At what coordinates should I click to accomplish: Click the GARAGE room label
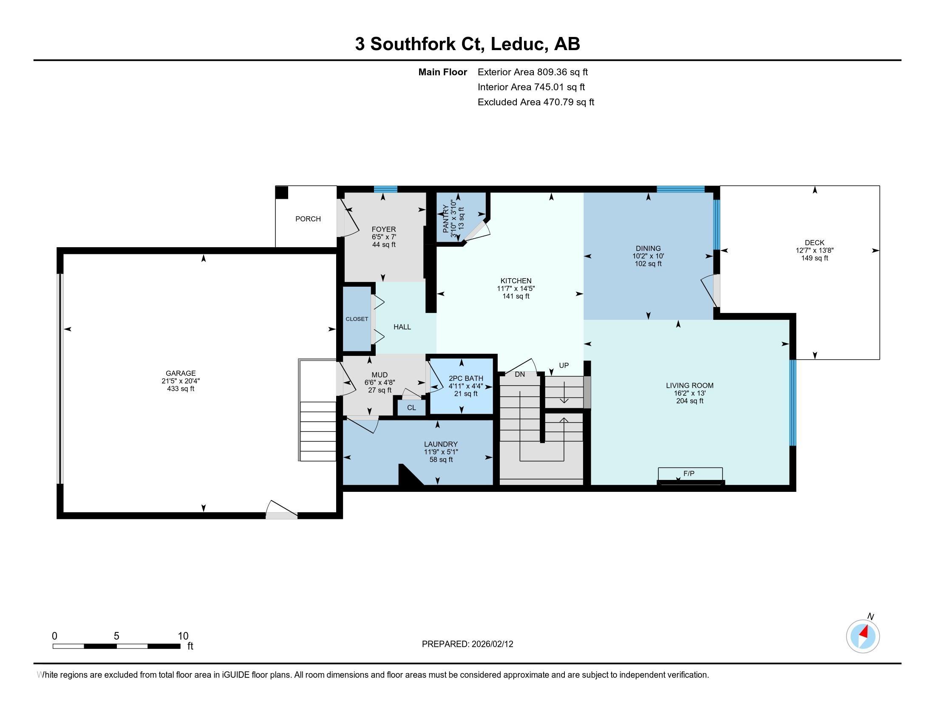181,373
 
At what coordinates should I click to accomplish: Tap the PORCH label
308,219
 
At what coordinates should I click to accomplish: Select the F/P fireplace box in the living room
690,474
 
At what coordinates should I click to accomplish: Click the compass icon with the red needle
863,637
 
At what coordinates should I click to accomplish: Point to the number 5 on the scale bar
116,636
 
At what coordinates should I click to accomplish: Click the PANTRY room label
446,219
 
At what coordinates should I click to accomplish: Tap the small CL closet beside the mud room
411,408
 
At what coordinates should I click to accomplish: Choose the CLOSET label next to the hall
357,319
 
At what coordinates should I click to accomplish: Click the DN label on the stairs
519,374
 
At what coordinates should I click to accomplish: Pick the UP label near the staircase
564,365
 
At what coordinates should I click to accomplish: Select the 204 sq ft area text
690,401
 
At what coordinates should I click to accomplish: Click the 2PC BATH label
466,378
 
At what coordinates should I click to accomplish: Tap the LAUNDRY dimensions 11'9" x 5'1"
441,452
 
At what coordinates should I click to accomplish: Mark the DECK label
814,243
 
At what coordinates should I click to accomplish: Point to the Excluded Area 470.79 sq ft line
535,102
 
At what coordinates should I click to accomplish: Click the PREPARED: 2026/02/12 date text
467,644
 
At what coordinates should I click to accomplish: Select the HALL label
402,327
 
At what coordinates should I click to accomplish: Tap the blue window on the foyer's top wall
385,189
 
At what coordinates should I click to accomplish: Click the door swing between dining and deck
711,291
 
